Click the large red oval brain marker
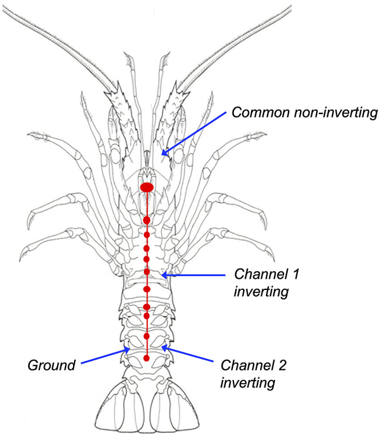[147, 187]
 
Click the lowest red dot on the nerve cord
[147, 358]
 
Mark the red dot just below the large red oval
[147, 220]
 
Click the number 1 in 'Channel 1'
[296, 274]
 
